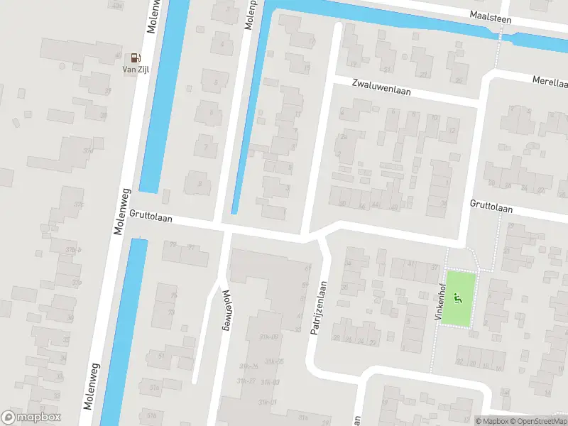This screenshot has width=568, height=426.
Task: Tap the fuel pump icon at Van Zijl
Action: tap(133, 58)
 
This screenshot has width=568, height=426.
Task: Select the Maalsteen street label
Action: tap(490, 16)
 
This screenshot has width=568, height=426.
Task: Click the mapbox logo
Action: tap(31, 417)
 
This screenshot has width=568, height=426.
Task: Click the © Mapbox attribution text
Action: tap(493, 421)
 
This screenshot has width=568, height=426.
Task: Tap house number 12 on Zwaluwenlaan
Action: tap(452, 131)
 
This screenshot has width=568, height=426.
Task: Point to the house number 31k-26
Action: tap(247, 366)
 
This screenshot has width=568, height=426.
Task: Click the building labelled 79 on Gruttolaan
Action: tap(173, 246)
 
